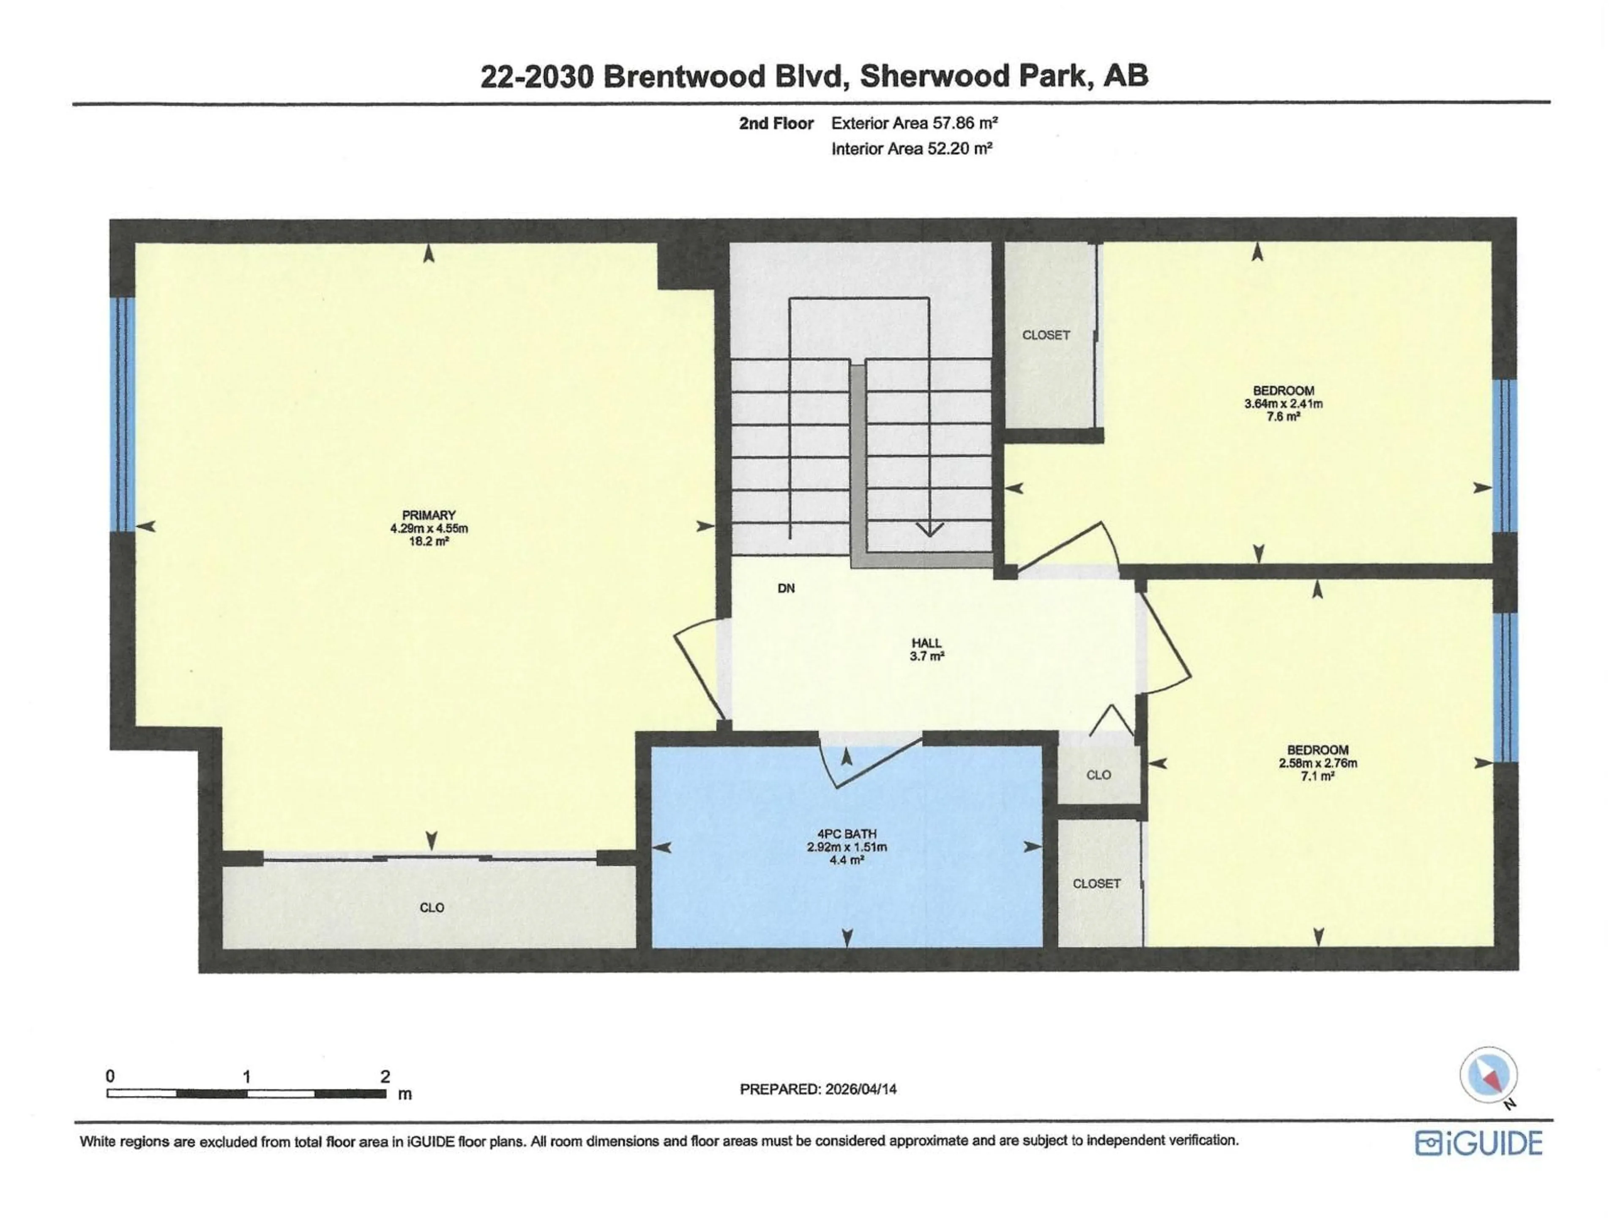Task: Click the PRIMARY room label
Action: pos(429,516)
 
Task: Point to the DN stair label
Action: pos(786,588)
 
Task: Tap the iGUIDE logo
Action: pos(1478,1143)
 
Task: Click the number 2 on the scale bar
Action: pos(385,1076)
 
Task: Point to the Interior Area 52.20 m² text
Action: pos(912,149)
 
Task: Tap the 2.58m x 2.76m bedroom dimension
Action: pos(1318,763)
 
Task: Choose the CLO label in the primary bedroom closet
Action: pos(432,908)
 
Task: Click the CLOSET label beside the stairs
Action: pos(1046,335)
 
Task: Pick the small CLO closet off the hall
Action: pos(1098,774)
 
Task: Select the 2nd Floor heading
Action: pos(776,123)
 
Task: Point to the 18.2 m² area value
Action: pos(429,541)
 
